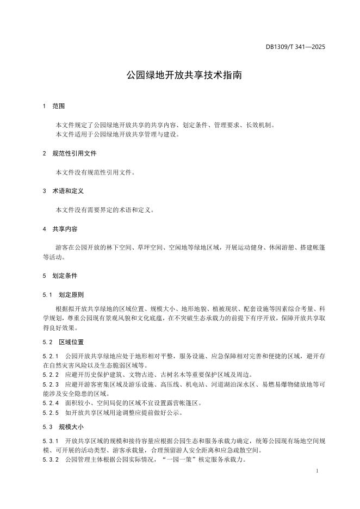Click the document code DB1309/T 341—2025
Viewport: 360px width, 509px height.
click(x=295, y=47)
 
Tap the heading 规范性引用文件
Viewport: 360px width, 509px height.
click(x=75, y=154)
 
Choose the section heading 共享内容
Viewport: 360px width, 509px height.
click(x=65, y=229)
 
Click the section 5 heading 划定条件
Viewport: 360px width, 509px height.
click(x=65, y=276)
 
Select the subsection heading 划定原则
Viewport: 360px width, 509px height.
click(x=71, y=295)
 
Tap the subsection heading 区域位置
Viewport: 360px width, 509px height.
click(x=71, y=342)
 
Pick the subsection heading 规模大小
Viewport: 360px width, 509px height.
click(x=71, y=427)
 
